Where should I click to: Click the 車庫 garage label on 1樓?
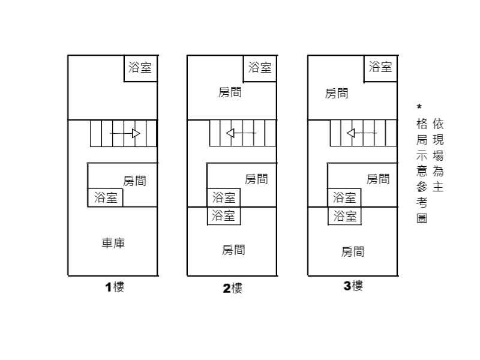click(x=113, y=244)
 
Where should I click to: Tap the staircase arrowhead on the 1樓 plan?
click(x=136, y=133)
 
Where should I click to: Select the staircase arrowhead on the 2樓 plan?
click(x=230, y=133)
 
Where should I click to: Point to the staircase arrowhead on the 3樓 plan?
click(x=351, y=133)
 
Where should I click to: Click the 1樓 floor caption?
click(x=115, y=287)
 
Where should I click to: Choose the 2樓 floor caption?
click(x=233, y=288)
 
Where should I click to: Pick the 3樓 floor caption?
click(x=353, y=286)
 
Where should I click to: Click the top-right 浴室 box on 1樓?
click(x=140, y=68)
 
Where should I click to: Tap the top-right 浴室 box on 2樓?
click(x=260, y=68)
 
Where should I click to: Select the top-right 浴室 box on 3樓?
click(x=380, y=68)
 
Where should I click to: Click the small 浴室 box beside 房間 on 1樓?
click(x=106, y=197)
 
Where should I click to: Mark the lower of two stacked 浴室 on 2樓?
click(x=224, y=216)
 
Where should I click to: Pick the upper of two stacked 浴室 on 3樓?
click(x=344, y=198)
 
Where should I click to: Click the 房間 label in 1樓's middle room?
click(x=134, y=181)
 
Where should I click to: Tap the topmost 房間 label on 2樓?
click(x=230, y=92)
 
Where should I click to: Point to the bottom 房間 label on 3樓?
click(x=353, y=252)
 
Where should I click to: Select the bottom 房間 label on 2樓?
click(x=233, y=250)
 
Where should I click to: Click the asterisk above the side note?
click(x=419, y=107)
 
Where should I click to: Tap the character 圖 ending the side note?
click(x=422, y=218)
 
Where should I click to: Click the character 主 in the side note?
click(x=438, y=187)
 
